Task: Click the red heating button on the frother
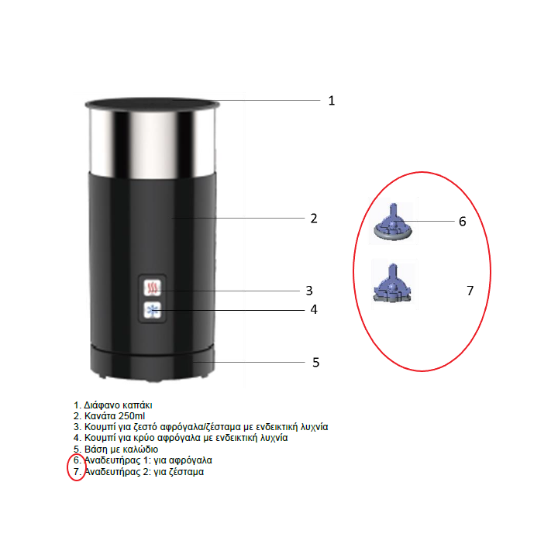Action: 153,288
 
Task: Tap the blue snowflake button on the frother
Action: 153,310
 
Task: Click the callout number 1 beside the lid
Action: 332,101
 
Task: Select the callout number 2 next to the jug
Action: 314,219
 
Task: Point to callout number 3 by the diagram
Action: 309,291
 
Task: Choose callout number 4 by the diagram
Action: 314,309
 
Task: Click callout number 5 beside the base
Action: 315,362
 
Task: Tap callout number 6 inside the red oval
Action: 462,222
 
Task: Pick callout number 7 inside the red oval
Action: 470,291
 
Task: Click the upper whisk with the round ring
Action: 393,225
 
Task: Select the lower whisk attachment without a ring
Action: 392,284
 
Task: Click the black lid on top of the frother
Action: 153,104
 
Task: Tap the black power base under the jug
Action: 153,363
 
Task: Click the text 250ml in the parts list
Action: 132,416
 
